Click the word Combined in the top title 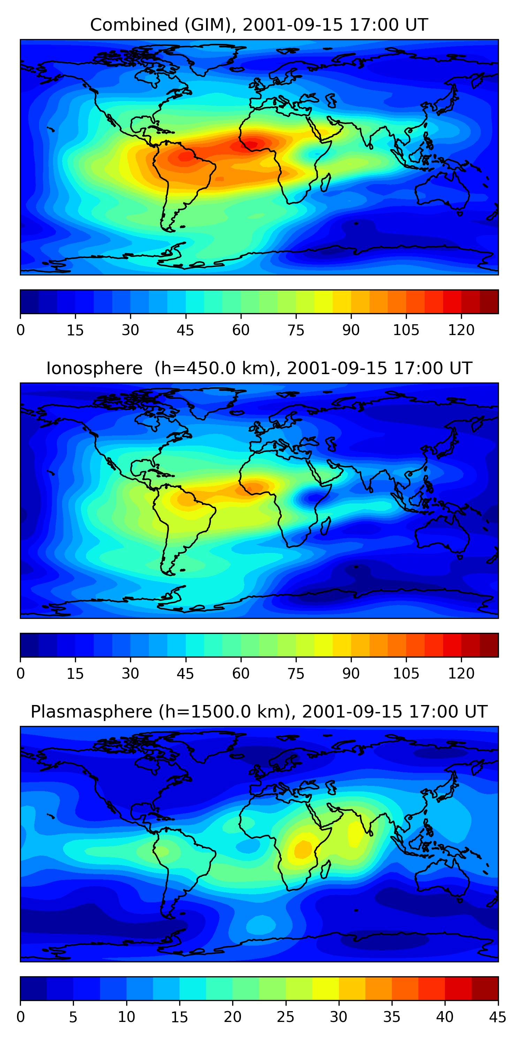click(134, 25)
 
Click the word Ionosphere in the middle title click(94, 369)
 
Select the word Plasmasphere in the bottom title click(91, 712)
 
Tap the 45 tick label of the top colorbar click(185, 330)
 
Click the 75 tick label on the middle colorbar click(296, 674)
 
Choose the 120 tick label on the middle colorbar click(461, 674)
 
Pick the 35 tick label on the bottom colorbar click(392, 1017)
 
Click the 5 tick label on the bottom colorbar click(73, 1017)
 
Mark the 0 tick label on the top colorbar click(21, 330)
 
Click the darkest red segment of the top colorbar click(489, 302)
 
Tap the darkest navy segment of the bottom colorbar click(33, 989)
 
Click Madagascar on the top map click(325, 183)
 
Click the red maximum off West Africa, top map click(252, 144)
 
